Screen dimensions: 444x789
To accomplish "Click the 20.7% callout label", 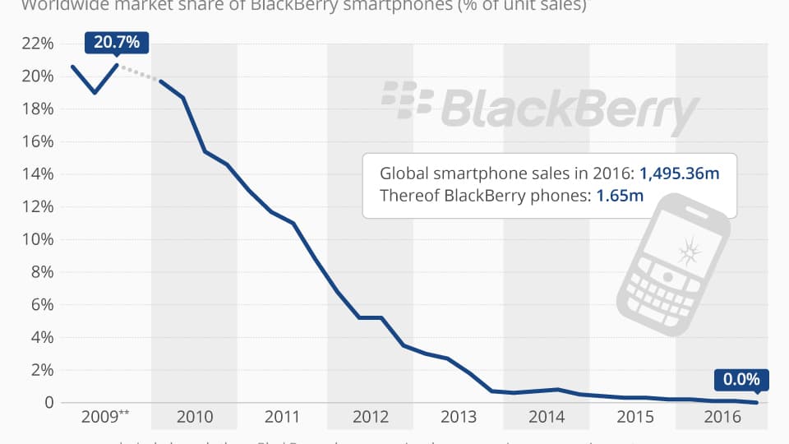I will click(x=116, y=43).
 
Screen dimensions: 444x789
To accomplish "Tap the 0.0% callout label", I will click(x=741, y=380).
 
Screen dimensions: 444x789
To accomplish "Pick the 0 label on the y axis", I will click(x=49, y=403).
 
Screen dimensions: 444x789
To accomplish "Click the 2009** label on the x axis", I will click(x=105, y=417).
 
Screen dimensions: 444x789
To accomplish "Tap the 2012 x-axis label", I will click(x=371, y=417).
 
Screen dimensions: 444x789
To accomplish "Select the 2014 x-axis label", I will click(x=547, y=417).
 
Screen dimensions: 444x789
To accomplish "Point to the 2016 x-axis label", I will click(x=722, y=417).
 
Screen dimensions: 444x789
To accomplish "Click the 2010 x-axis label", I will click(x=195, y=417).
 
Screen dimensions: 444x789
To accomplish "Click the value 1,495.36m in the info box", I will click(x=679, y=173).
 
